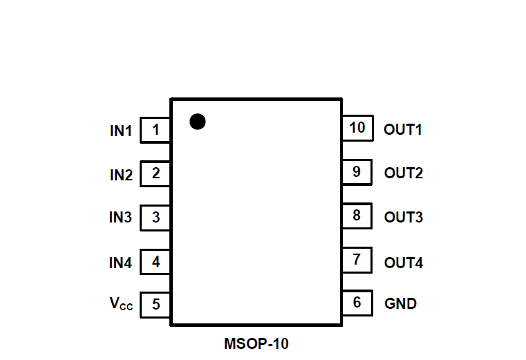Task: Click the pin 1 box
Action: (156, 130)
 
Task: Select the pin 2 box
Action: (156, 174)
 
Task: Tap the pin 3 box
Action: (156, 218)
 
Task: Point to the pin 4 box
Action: (156, 262)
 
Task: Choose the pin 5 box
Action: (156, 304)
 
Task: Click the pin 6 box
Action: (357, 303)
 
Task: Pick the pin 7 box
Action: (357, 260)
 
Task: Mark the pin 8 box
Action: (357, 216)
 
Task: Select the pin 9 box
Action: (357, 172)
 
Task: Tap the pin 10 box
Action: (357, 128)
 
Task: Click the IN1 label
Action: (120, 131)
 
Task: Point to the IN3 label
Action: (120, 218)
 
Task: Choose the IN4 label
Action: (120, 263)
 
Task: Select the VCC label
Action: (121, 303)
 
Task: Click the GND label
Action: (400, 303)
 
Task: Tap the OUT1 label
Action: (403, 129)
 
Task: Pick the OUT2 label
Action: (403, 173)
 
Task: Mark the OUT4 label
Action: (404, 263)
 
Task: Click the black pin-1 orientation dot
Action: (198, 122)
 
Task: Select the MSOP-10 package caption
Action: (256, 343)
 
